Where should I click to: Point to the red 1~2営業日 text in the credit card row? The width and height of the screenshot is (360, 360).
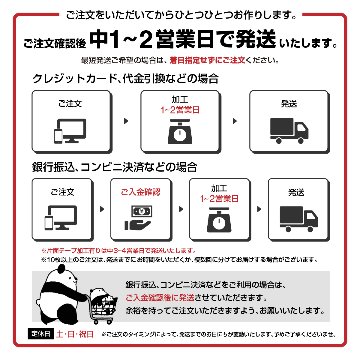[x=181, y=110]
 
